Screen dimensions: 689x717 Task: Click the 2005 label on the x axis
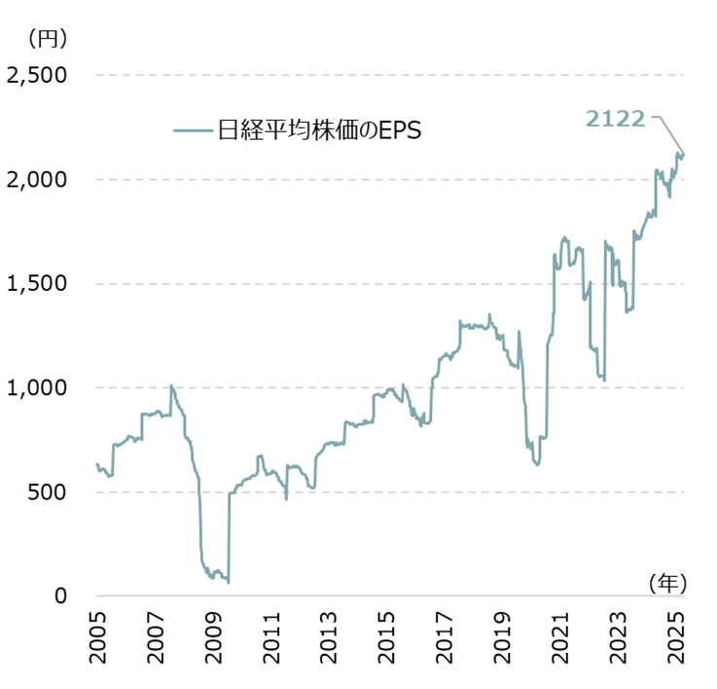pos(97,639)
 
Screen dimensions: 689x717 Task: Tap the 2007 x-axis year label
pos(156,639)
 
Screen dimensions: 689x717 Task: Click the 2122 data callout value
pos(615,119)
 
